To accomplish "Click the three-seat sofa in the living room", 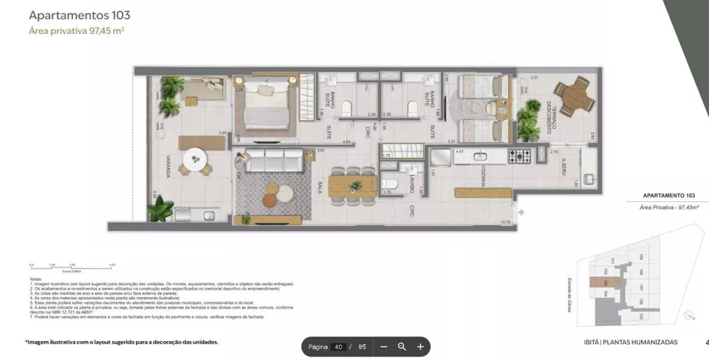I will pos(274,160).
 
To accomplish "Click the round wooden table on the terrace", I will pos(571,92).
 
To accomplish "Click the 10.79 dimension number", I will pos(506,223).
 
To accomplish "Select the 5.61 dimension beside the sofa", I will pos(321,150).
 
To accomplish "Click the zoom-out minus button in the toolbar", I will pos(384,347).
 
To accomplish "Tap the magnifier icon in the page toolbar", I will pos(402,347).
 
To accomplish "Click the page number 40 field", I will pos(338,347).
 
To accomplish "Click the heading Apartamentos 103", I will pos(79,15).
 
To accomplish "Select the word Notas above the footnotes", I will pos(35,279).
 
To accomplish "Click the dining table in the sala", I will pos(352,186).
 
